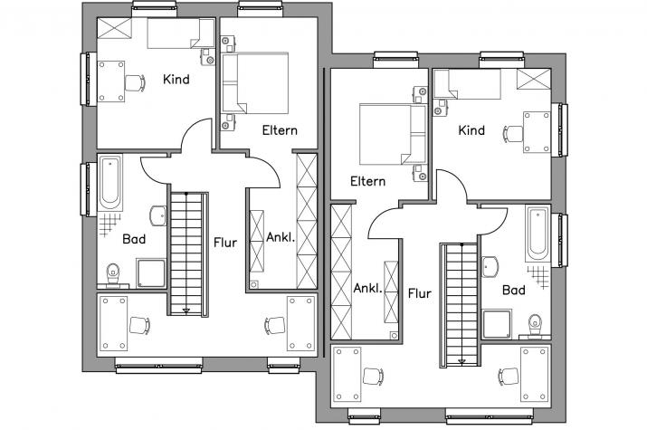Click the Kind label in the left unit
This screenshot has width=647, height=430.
tap(176, 80)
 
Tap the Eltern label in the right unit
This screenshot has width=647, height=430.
tap(367, 181)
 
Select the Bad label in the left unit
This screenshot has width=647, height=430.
tap(134, 239)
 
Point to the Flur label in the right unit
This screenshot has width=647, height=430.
tap(420, 293)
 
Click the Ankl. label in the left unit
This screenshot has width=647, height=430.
tap(281, 237)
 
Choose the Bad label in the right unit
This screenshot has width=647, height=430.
tap(514, 290)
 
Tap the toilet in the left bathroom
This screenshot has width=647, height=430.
tap(112, 274)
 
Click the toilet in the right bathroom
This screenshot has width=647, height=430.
tap(535, 325)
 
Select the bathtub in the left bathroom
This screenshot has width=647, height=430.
tap(110, 183)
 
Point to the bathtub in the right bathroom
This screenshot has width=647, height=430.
tap(538, 234)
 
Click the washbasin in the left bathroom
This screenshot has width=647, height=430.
tap(158, 215)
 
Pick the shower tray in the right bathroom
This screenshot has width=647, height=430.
tap(497, 324)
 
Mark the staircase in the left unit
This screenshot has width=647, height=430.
tap(187, 253)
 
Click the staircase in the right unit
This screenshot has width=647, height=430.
tap(460, 304)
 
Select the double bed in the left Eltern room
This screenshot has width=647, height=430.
tap(255, 83)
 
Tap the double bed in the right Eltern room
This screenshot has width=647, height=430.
tap(393, 134)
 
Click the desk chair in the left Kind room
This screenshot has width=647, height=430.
tap(135, 83)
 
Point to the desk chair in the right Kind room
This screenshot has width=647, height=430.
tap(513, 134)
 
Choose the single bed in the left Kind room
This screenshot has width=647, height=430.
tap(181, 33)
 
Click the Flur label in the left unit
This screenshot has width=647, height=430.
tap(225, 243)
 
